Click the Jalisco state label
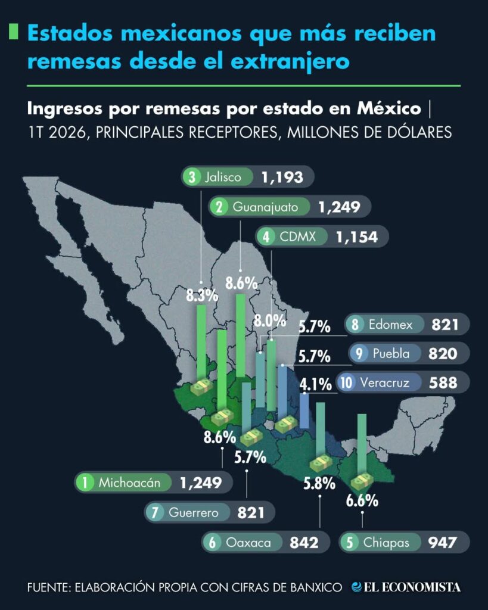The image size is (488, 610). point(223,177)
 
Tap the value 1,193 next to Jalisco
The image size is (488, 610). point(282,178)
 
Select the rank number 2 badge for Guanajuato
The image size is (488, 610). point(219,207)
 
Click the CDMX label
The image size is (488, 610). point(298,236)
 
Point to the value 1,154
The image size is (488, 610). point(357,237)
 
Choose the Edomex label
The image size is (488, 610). point(390,324)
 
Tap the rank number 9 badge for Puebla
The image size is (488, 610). point(359,353)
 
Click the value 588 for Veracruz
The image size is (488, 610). point(443,382)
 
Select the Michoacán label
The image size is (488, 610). point(129,483)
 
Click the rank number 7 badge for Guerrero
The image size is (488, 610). point(155,512)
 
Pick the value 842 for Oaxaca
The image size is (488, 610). point(304,542)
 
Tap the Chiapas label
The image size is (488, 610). point(386,542)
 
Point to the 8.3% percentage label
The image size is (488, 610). point(202,295)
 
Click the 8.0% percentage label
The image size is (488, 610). point(270,321)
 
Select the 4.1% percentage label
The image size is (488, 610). point(316,384)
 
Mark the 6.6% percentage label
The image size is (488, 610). point(362,500)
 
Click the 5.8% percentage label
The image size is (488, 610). point(319,484)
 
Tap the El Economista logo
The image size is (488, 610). point(406,587)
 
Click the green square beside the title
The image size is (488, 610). point(13,32)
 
